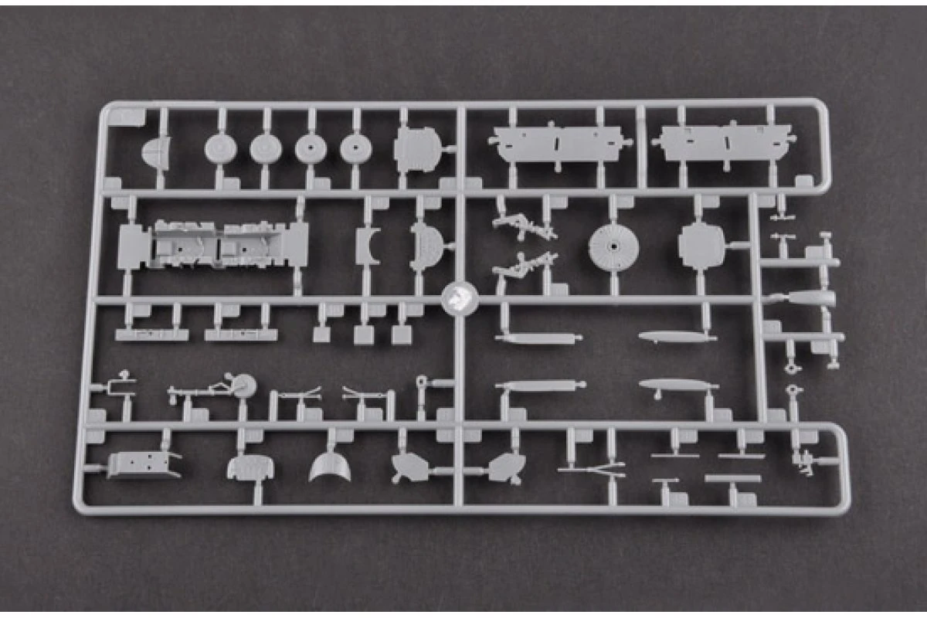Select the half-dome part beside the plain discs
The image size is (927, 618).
pos(156,151)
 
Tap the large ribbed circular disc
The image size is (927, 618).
pos(613,246)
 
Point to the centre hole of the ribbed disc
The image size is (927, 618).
pos(613,246)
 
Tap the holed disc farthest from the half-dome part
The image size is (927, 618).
pos(355,148)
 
